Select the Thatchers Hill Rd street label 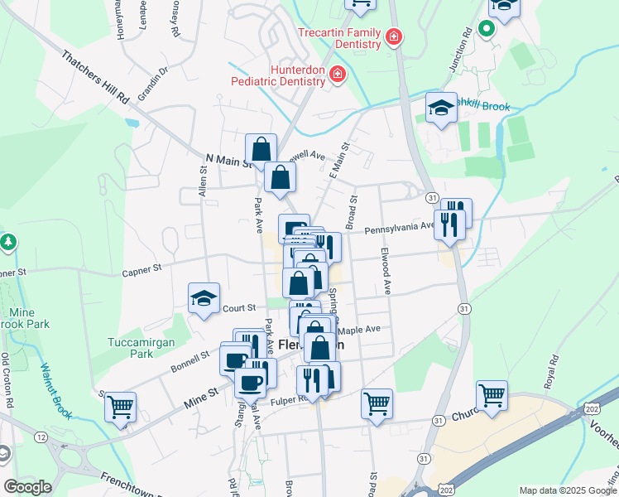coord(97,76)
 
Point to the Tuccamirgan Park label coord(132,348)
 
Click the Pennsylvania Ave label coord(400,224)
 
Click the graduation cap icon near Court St coord(204,299)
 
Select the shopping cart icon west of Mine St coord(121,408)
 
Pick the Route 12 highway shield coord(41,436)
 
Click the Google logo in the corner coord(27,486)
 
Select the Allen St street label coord(203,181)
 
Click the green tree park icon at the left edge coord(9,243)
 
